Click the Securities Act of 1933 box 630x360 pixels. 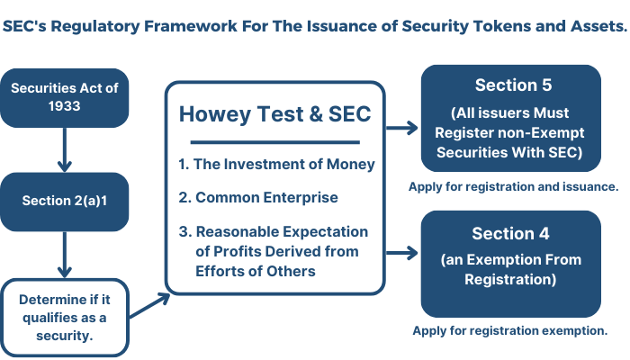click(x=64, y=97)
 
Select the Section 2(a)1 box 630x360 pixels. click(x=64, y=202)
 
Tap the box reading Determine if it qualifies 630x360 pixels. click(x=64, y=318)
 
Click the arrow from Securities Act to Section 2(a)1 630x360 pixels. click(x=64, y=150)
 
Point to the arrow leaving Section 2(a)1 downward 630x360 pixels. click(x=64, y=255)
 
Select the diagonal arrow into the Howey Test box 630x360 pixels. click(x=149, y=305)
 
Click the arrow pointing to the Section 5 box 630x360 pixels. click(x=401, y=128)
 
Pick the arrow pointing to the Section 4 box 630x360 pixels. click(x=401, y=253)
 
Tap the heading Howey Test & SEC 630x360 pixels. click(x=274, y=114)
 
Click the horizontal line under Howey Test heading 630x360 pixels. click(x=274, y=142)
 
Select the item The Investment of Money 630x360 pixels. click(x=277, y=165)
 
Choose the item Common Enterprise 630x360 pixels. click(x=258, y=198)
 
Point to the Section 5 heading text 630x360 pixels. click(x=513, y=85)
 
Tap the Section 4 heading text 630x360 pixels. click(x=510, y=233)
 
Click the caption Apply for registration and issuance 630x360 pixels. click(x=514, y=187)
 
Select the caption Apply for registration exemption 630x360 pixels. click(x=510, y=330)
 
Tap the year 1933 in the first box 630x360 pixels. click(x=64, y=106)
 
